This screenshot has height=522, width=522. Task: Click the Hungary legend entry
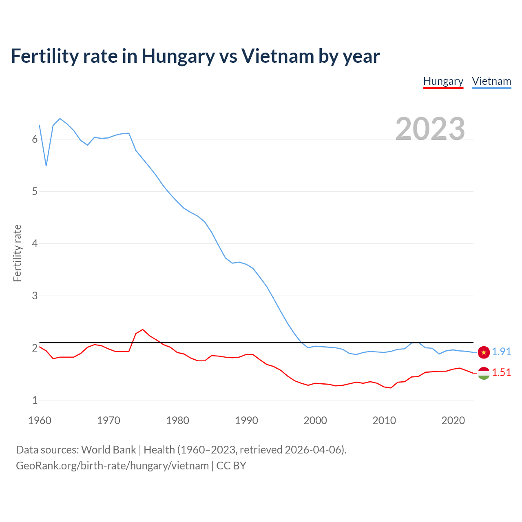coord(443,81)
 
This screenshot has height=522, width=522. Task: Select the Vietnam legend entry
coord(491,81)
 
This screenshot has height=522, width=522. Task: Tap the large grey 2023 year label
coord(430,128)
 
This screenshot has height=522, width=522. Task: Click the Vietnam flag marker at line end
coord(484,352)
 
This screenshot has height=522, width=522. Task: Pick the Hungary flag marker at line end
coord(484,373)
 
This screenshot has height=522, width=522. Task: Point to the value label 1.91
coord(501,352)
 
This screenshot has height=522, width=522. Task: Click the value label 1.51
coord(501,372)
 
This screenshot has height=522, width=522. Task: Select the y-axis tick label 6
coord(35,139)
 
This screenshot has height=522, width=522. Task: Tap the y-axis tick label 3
coord(35,296)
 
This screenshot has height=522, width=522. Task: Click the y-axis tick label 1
coord(35,400)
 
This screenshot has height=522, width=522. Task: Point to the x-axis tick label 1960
coord(40,420)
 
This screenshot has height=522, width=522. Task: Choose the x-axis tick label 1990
coord(246,420)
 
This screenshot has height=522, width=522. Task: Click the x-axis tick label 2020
coord(453,420)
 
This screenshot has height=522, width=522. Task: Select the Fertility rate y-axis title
coord(17,253)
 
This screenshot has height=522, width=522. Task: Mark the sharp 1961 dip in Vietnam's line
coord(46,165)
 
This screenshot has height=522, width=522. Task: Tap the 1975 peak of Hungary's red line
coord(143,330)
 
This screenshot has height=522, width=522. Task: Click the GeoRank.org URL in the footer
coord(112,466)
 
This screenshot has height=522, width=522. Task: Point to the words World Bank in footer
coord(108,450)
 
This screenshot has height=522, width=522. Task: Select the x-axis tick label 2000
coord(315,420)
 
